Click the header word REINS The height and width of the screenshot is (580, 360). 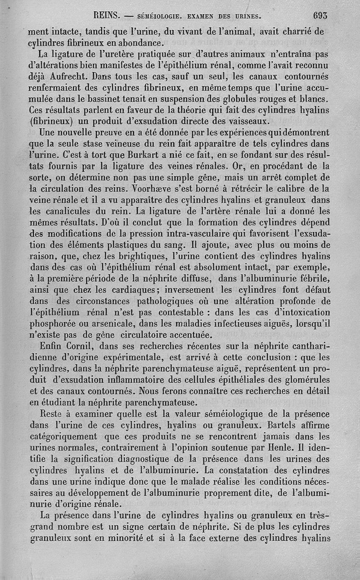(107, 15)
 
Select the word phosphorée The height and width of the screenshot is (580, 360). (57, 323)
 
